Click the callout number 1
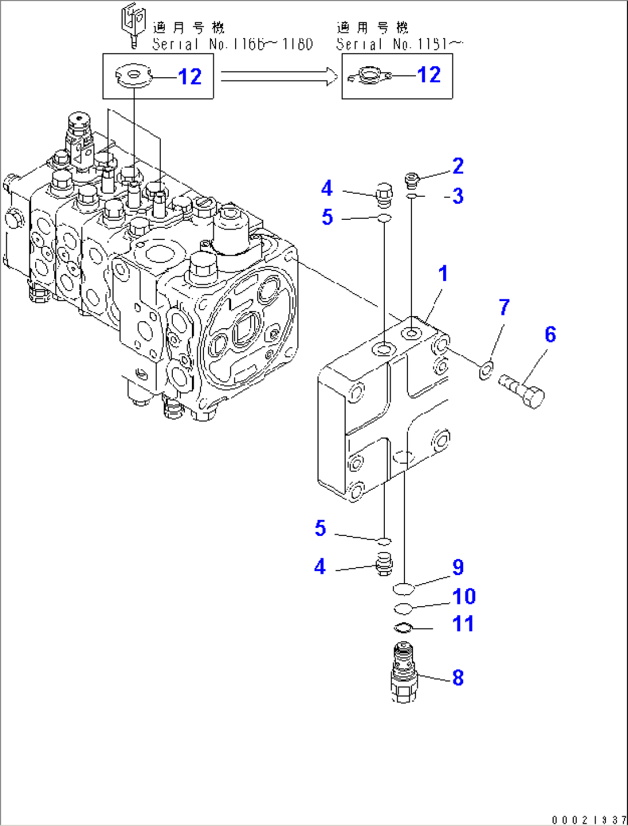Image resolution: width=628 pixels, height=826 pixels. (x=442, y=273)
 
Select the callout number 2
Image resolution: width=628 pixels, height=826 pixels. (x=457, y=166)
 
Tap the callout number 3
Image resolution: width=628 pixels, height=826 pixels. (x=457, y=196)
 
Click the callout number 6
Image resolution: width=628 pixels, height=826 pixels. (x=550, y=334)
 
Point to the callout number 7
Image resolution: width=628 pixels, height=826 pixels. (x=504, y=307)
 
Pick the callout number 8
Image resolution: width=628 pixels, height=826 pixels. (x=457, y=677)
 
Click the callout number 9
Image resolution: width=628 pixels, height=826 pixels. (x=457, y=568)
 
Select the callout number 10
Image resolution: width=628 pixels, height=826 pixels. (x=464, y=597)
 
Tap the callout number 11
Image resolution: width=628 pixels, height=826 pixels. (x=463, y=624)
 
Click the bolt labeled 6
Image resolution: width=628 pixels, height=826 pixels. (x=522, y=390)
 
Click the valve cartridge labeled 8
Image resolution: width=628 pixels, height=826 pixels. (x=404, y=672)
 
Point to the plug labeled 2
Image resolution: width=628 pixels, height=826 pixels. (x=411, y=181)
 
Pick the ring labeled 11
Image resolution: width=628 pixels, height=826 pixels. (x=403, y=627)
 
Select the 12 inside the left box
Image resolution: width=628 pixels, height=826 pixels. (x=190, y=77)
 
